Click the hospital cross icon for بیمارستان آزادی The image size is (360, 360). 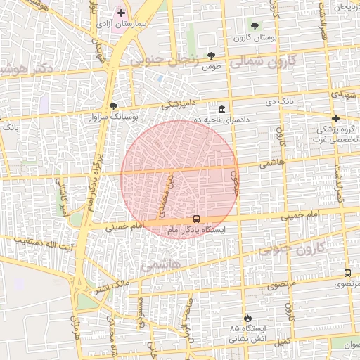coord(121,13)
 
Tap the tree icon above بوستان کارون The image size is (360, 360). coord(255,26)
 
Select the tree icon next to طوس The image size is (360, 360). coord(211,56)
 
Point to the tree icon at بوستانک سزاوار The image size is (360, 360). coord(114,105)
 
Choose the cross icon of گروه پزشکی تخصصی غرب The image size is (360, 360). coord(335,118)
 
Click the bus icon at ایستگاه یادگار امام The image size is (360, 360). coord(196,219)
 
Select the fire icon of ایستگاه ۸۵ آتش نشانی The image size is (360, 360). coord(246,318)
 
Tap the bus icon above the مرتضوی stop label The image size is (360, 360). coord(347,274)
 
